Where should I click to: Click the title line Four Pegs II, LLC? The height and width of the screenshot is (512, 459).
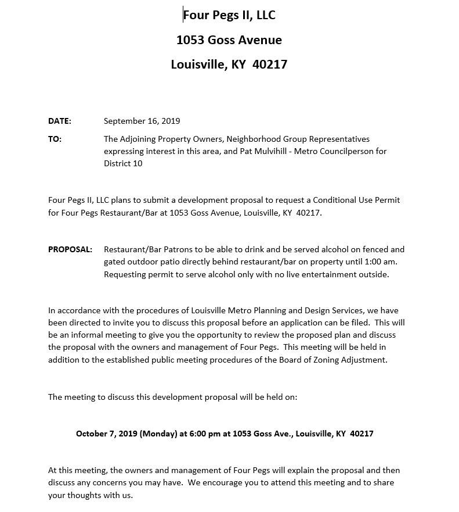coord(229,15)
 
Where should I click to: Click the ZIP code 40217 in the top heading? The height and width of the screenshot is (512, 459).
coord(270,65)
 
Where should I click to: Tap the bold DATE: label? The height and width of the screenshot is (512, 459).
coord(59,121)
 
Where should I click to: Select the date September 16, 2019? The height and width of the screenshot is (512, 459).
coord(142,121)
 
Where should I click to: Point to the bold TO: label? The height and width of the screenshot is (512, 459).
coord(55,139)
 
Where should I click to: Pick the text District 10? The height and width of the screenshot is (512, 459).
coord(123,164)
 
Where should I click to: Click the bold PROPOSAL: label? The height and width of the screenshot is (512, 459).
coord(70,250)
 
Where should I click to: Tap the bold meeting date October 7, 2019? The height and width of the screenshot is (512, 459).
coord(106,434)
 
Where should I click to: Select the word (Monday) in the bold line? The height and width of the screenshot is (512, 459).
coord(158,434)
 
